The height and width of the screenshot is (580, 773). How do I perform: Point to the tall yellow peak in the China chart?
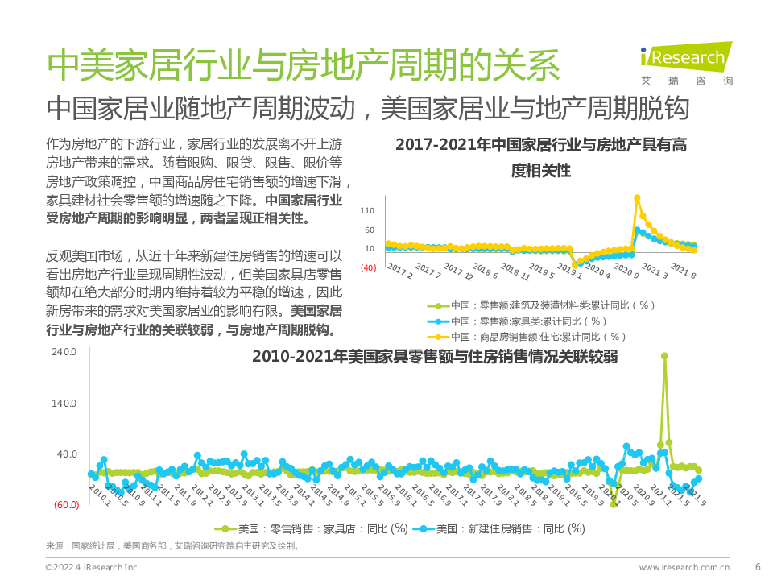[x=637, y=197]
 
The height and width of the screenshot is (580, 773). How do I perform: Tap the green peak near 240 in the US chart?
[x=664, y=356]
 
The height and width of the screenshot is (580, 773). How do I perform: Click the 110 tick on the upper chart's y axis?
[x=367, y=211]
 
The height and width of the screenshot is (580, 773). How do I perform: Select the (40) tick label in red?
[x=368, y=267]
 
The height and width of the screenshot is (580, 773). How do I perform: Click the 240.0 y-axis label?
[x=64, y=352]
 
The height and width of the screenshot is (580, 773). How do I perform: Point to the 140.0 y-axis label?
[x=64, y=404]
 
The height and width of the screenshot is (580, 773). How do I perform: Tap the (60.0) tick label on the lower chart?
[x=65, y=506]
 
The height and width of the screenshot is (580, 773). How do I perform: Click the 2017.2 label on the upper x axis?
[x=399, y=270]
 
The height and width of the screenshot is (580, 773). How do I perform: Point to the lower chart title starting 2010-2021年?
[x=435, y=356]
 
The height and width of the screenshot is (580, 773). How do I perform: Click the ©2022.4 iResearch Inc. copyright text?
[x=92, y=567]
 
